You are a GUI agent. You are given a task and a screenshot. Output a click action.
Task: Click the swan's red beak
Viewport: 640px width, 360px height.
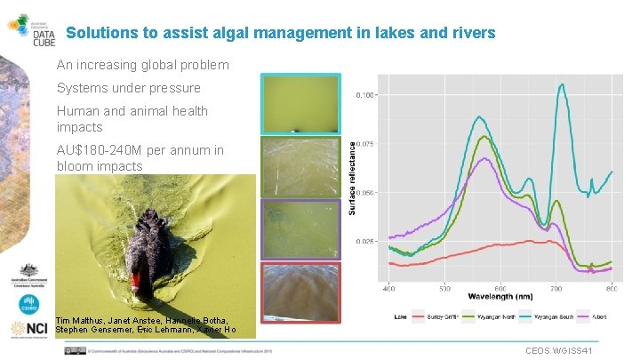pos(135,283)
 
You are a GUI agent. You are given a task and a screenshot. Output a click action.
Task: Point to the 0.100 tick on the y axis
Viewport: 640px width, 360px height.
pos(365,94)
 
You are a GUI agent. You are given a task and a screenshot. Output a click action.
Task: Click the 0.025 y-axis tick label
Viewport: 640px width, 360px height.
pos(365,241)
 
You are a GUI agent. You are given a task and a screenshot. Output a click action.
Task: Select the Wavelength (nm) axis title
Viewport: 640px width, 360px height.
pos(500,296)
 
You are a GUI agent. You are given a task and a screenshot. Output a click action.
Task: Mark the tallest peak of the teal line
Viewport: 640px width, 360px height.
pos(562,84)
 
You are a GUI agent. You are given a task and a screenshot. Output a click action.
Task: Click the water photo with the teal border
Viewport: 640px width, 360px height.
pos(300,103)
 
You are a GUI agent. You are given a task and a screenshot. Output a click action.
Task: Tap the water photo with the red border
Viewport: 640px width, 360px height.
pos(300,292)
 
